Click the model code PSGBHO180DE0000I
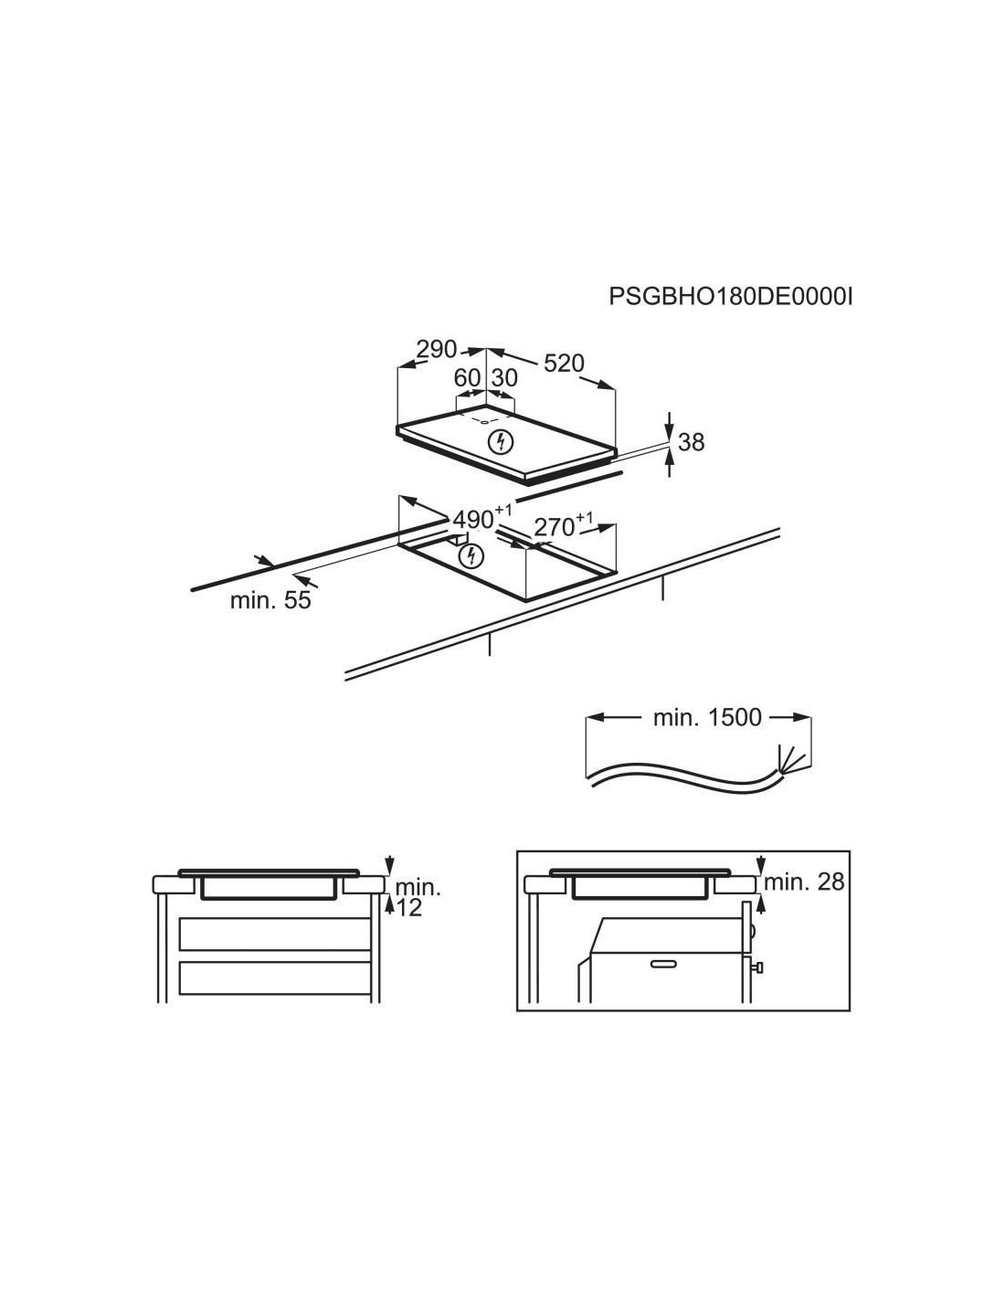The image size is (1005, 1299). point(730,296)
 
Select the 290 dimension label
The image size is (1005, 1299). point(437,349)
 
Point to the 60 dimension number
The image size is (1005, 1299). point(468,378)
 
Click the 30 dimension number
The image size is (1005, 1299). point(504,378)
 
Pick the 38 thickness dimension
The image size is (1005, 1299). point(691,442)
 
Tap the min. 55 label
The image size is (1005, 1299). point(270,600)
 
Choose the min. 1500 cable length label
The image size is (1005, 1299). point(707,717)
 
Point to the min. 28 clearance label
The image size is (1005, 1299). point(804,882)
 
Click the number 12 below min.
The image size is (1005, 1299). point(409,908)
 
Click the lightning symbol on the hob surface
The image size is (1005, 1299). point(502,442)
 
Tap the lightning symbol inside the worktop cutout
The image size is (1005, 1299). point(470,556)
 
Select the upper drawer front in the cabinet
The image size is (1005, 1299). point(274,934)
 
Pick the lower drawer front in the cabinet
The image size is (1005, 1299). point(274,978)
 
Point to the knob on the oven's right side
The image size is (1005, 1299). point(758,966)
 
